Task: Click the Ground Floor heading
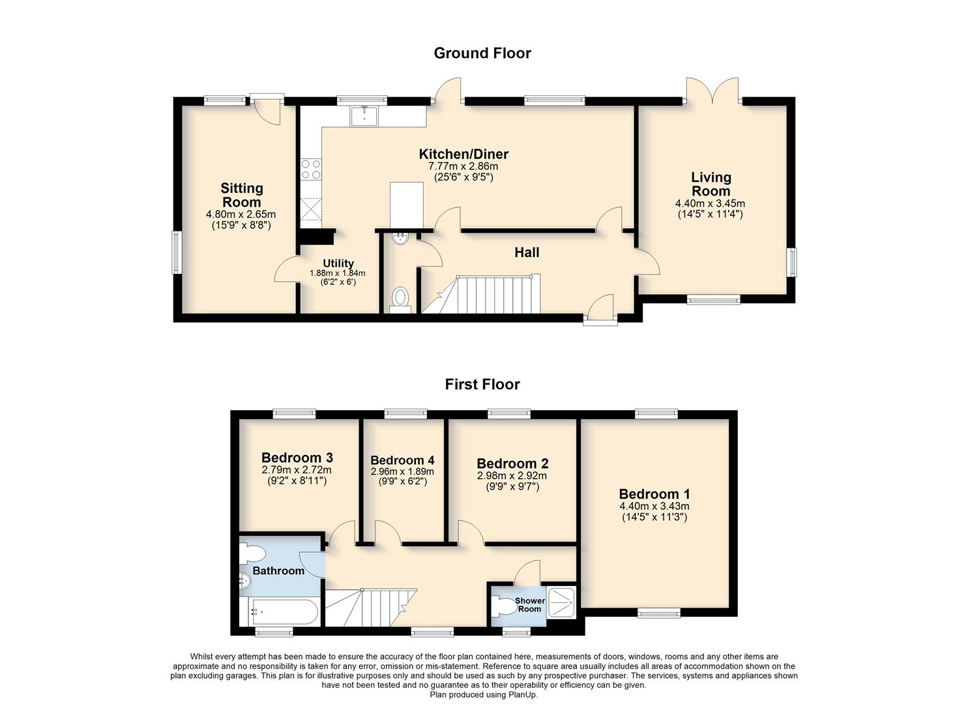pos(482,53)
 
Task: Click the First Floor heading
pos(482,385)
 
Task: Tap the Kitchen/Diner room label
pos(463,154)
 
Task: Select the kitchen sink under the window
pos(364,116)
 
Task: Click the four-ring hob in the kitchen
pos(310,169)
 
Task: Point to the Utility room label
pos(338,263)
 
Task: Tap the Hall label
pos(527,252)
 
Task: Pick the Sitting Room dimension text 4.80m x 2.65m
pos(241,214)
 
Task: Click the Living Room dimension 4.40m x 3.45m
pos(710,203)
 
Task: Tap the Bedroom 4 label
pos(402,460)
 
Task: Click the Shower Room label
pos(529,605)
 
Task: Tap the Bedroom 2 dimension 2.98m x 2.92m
pos(512,476)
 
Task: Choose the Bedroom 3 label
pos(297,458)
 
